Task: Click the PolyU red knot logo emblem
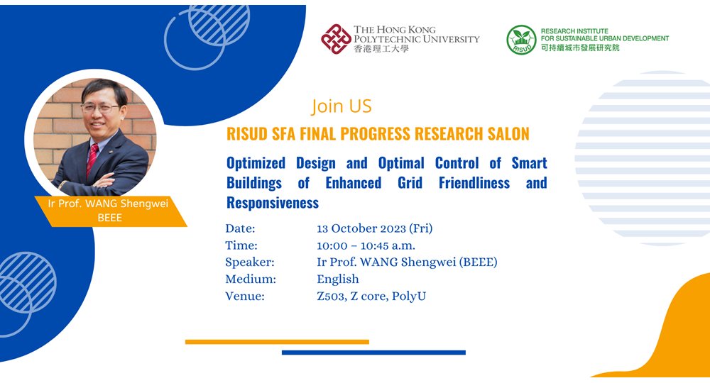click(x=336, y=39)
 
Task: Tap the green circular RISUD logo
click(x=521, y=40)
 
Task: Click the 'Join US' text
click(x=342, y=106)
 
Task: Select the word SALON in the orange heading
click(x=503, y=134)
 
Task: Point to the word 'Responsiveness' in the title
click(x=273, y=203)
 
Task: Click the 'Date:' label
click(x=240, y=228)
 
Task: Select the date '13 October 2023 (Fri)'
click(x=374, y=228)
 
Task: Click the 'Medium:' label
click(x=251, y=279)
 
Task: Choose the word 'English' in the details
click(x=338, y=279)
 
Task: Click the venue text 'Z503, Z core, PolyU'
click(x=371, y=296)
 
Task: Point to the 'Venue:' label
click(x=245, y=296)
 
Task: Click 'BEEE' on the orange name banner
click(x=109, y=218)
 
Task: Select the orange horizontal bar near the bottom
click(x=277, y=342)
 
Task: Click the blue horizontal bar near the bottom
click(x=373, y=353)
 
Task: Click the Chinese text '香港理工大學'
click(x=381, y=49)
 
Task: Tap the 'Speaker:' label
click(x=250, y=262)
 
